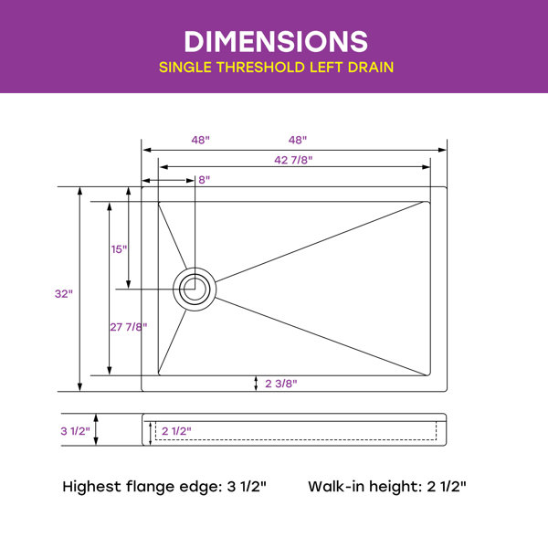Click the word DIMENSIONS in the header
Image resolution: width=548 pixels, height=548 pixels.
(274, 41)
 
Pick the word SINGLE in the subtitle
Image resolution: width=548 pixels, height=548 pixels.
(188, 68)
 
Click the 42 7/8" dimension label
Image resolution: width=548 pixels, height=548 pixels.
(293, 160)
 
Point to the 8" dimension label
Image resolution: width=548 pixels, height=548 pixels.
(204, 180)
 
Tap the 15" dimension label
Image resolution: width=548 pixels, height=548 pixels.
(120, 249)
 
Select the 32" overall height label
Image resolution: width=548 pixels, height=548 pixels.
(63, 294)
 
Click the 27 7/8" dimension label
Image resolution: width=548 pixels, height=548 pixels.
(129, 326)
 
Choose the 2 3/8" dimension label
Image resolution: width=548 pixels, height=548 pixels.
(280, 384)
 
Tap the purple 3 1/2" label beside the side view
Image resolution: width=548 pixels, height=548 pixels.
(75, 431)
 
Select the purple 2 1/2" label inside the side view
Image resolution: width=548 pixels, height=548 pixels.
(176, 430)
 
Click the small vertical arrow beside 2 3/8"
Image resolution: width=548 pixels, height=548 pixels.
(256, 384)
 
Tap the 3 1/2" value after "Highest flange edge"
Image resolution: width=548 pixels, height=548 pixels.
(246, 486)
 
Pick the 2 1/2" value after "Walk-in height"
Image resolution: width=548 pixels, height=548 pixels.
(446, 486)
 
